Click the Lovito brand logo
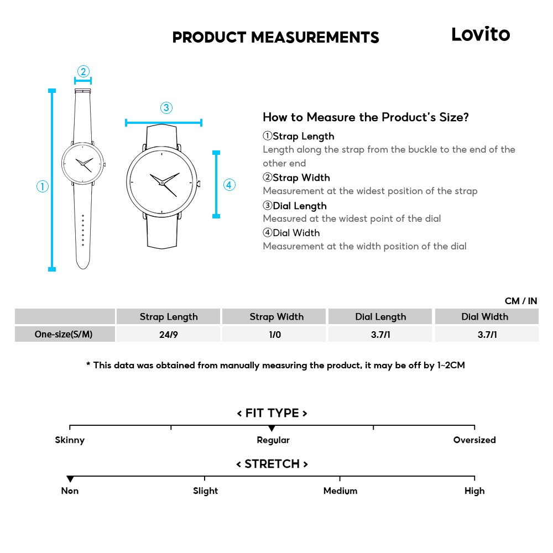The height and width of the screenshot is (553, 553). tap(480, 34)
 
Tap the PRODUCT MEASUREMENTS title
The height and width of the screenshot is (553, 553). tap(275, 38)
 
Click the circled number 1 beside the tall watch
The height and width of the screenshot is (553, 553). tap(43, 186)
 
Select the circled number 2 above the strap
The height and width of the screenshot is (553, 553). tap(83, 71)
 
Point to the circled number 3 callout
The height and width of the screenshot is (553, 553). tap(166, 108)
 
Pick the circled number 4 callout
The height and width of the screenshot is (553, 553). tap(229, 185)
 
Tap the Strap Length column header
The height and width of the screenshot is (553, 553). tap(168, 317)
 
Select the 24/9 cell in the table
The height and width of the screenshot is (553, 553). tap(168, 335)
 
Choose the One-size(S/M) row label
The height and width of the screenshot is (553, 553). tap(64, 335)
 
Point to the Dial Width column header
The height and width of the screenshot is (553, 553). tap(485, 317)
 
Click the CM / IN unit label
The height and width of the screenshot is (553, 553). tap(520, 301)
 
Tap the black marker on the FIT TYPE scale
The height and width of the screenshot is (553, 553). tap(272, 429)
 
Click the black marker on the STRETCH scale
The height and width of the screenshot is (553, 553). tap(70, 479)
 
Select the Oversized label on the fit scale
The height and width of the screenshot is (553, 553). tap(474, 440)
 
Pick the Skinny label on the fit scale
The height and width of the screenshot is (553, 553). tap(70, 440)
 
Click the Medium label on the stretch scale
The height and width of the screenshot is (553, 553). tap(340, 491)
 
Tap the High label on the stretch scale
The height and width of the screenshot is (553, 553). tap(474, 491)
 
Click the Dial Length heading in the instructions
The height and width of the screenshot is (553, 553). tap(299, 206)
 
